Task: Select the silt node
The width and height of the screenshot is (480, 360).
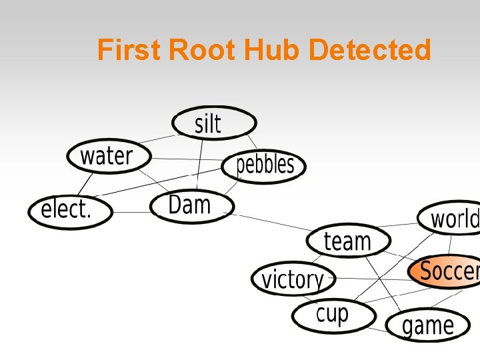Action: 213,123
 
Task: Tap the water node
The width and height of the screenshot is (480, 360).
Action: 108,157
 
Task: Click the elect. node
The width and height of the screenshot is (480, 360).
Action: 69,211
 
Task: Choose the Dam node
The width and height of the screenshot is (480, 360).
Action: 191,205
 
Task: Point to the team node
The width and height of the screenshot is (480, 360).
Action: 348,241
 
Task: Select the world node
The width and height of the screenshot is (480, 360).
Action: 451,218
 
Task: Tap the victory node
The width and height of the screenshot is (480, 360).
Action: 292,279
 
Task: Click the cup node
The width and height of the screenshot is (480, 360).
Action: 331,315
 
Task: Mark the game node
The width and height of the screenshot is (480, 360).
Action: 427,325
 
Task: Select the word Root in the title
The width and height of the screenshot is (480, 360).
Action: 203,50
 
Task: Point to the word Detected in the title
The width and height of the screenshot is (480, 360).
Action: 371,50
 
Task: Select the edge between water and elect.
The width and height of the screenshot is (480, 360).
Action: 85,183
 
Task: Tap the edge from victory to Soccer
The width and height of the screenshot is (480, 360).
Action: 370,279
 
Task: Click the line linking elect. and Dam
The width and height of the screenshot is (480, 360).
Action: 131,213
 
